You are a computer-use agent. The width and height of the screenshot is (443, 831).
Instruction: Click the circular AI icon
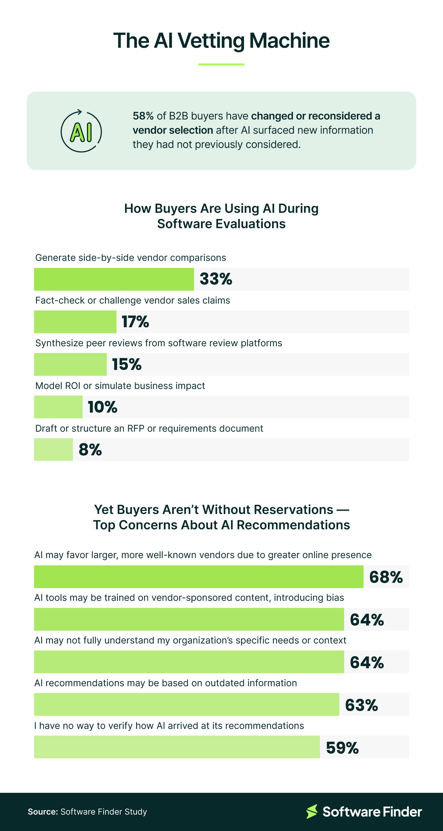[81, 131]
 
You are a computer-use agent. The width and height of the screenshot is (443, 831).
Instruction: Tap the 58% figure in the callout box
[143, 116]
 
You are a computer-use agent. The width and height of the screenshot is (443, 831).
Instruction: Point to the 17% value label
[135, 322]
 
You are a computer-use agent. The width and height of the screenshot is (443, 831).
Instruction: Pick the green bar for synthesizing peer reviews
[70, 364]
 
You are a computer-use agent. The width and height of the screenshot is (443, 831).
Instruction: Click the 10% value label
[103, 407]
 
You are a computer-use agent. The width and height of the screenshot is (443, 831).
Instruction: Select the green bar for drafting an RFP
[54, 449]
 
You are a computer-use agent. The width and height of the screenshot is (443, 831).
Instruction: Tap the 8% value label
[90, 449]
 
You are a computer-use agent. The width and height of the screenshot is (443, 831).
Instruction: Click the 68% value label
[386, 577]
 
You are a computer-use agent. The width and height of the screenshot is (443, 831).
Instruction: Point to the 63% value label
[361, 705]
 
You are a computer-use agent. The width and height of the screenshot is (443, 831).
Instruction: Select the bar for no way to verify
[177, 747]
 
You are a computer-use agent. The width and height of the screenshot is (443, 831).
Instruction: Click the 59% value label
[342, 748]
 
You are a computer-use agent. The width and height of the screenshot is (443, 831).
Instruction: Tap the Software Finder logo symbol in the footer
[312, 811]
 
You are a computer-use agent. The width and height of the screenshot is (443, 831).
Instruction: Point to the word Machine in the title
[289, 41]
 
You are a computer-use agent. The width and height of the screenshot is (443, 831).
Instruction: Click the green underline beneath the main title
[221, 65]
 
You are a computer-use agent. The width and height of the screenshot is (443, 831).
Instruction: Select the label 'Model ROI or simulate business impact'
[120, 386]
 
